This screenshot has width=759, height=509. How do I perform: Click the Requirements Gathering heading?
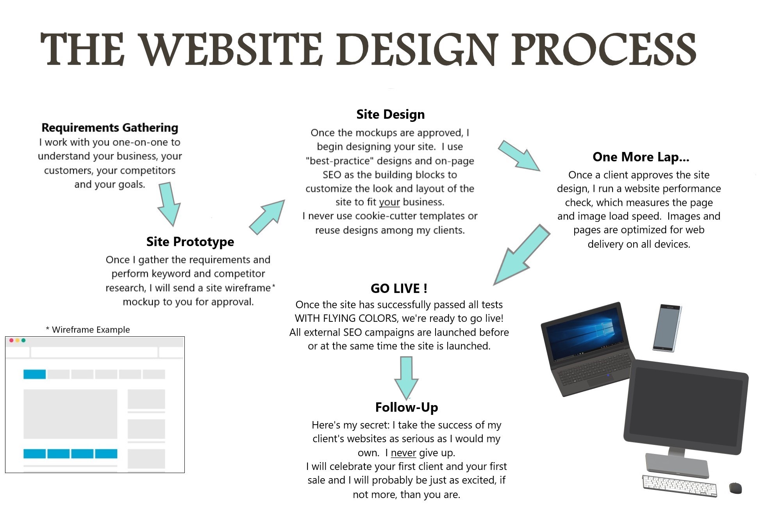tap(110, 128)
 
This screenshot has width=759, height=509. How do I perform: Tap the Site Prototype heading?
tap(190, 242)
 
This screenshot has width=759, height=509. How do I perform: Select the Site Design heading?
tap(390, 114)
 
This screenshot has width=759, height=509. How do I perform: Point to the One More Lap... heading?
tap(641, 157)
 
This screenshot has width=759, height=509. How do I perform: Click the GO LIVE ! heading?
tap(399, 288)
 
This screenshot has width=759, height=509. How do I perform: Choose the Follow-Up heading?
tap(406, 407)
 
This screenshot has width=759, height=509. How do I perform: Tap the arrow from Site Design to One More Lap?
tap(519, 155)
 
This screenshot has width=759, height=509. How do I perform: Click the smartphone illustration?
tap(667, 327)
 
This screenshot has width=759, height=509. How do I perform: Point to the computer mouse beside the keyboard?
tap(735, 488)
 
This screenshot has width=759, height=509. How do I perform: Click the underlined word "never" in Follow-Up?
tap(404, 453)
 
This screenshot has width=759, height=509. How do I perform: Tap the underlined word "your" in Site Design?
tap(389, 202)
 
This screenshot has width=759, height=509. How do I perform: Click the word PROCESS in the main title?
tap(604, 50)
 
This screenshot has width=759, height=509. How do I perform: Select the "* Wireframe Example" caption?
tap(88, 330)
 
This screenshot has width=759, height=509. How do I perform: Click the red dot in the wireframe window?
tap(11, 341)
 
